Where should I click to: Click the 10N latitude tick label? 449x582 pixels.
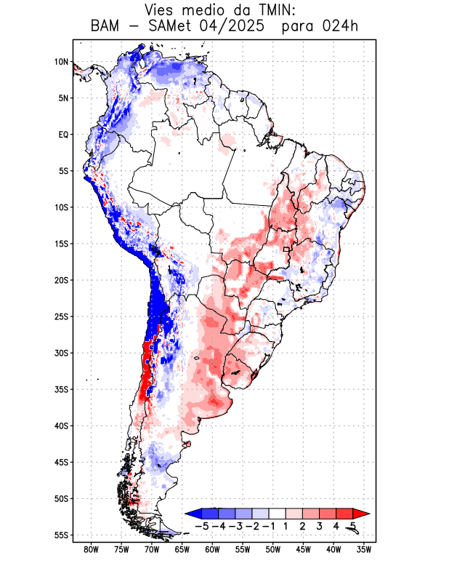click(x=62, y=62)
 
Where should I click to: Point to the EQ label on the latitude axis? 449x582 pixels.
click(x=63, y=135)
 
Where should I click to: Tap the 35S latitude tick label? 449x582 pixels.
click(x=61, y=389)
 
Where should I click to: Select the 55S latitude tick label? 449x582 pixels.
click(x=61, y=535)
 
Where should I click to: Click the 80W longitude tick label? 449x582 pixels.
click(x=91, y=549)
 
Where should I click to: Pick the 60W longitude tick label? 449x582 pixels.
click(x=212, y=549)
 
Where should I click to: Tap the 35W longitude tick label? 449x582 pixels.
click(x=364, y=549)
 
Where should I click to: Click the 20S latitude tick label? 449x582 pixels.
click(x=61, y=280)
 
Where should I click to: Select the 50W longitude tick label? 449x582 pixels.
click(x=272, y=549)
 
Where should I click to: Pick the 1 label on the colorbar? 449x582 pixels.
click(x=287, y=525)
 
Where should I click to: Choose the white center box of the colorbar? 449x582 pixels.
click(x=278, y=514)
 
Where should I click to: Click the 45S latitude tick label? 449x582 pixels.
click(x=61, y=462)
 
